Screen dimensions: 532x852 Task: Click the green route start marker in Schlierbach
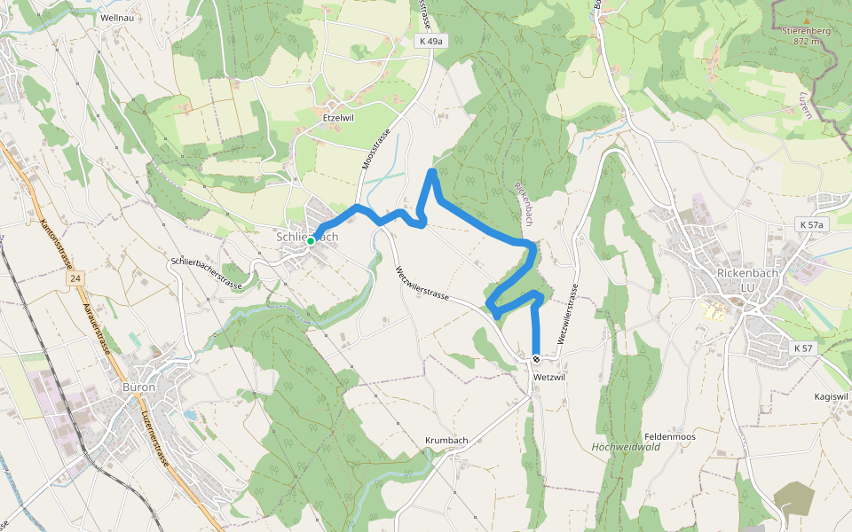click(x=311, y=240)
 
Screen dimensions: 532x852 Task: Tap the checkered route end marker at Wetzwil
click(x=536, y=359)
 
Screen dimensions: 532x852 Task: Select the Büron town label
click(x=140, y=387)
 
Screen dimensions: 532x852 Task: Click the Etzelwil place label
click(x=337, y=115)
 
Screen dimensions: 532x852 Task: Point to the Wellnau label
click(x=118, y=17)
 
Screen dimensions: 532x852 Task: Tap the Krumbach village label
click(x=446, y=440)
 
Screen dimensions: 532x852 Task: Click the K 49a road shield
click(x=429, y=41)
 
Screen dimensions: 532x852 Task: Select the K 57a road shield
click(x=810, y=224)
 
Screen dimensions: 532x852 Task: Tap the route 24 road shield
click(x=76, y=279)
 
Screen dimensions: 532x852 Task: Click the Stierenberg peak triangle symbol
click(x=806, y=20)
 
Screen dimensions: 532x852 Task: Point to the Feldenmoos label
click(x=669, y=436)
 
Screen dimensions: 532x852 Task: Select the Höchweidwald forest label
click(x=625, y=447)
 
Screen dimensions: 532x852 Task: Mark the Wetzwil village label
click(x=550, y=377)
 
